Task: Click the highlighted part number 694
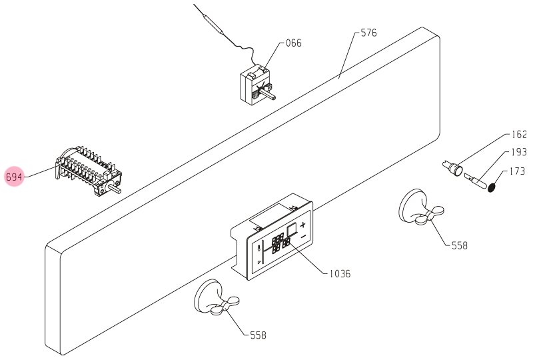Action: point(14,177)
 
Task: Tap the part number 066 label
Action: point(293,43)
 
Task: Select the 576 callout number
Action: point(369,33)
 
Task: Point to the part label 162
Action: point(519,135)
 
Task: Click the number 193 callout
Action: point(519,152)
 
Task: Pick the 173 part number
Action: point(518,171)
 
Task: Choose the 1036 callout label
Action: point(340,273)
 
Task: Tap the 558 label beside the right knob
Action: point(460,245)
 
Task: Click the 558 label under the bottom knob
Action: point(258,335)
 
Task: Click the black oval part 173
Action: point(491,187)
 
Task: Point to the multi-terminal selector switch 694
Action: point(88,170)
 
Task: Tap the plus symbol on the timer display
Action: point(302,225)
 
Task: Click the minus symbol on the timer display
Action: point(304,236)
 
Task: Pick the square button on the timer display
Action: point(292,231)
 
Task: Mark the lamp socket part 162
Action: point(452,168)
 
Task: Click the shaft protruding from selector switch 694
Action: point(114,188)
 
